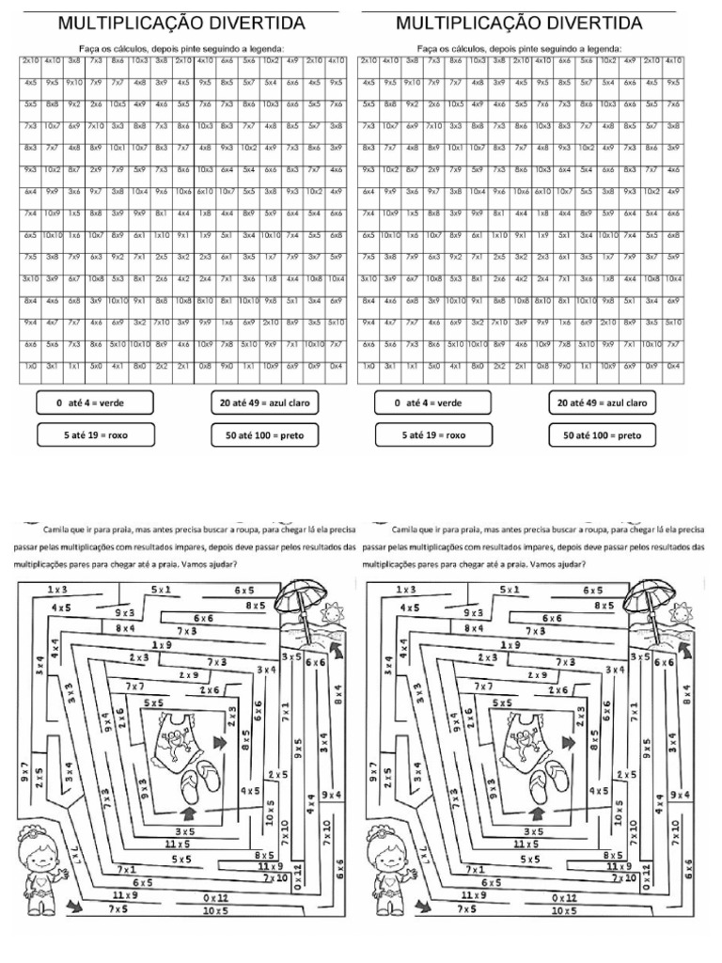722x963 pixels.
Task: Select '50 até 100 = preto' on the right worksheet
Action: [x=603, y=435]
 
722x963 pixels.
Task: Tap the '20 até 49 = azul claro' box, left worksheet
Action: [x=264, y=403]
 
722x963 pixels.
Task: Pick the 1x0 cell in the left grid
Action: [x=31, y=365]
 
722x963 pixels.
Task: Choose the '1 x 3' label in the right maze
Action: [x=407, y=589]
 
